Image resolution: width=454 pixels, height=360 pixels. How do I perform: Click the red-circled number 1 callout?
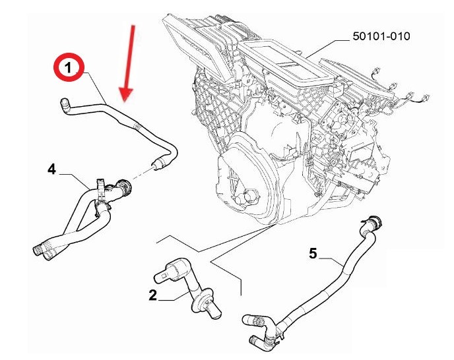(x=69, y=67)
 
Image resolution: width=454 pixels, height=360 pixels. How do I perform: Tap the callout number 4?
(x=51, y=169)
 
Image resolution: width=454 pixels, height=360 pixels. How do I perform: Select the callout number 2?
(x=152, y=295)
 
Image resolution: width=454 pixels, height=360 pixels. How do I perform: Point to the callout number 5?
(x=313, y=253)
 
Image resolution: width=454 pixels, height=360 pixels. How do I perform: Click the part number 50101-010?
(x=381, y=36)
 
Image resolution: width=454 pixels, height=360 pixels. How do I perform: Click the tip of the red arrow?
(x=125, y=102)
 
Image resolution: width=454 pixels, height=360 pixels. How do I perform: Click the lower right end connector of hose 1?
(x=158, y=164)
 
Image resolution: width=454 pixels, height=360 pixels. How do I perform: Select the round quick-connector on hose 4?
(x=123, y=187)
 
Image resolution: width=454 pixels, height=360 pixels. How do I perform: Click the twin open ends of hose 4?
(x=44, y=251)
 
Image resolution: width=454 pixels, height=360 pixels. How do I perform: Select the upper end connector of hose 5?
(x=373, y=224)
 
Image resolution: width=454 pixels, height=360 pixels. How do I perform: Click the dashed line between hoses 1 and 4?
(x=142, y=173)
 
